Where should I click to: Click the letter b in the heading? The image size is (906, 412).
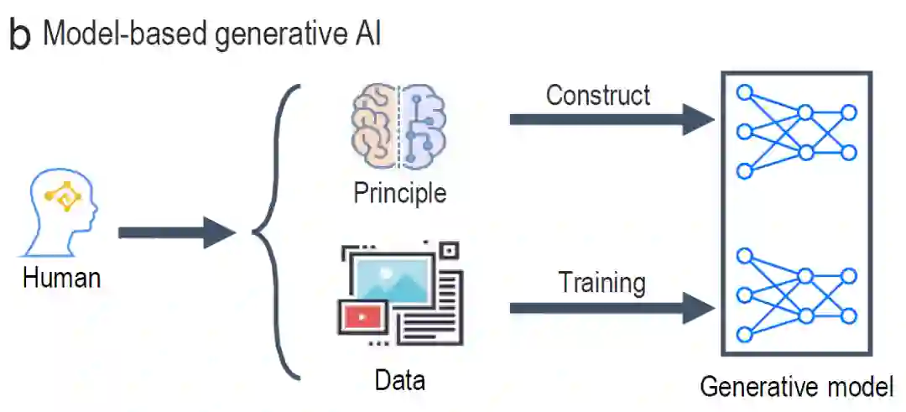(19, 35)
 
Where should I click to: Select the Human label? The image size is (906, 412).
(61, 278)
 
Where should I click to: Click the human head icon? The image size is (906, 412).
(61, 213)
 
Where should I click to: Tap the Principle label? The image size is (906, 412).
(399, 193)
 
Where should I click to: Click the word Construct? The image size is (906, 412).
(597, 95)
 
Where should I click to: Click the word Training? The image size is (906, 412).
(602, 283)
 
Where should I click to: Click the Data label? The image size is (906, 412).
(399, 380)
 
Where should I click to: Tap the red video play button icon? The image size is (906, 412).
(359, 317)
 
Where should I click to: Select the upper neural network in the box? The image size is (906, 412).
(795, 131)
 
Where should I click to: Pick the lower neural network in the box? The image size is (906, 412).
(795, 295)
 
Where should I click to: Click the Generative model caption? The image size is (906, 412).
(796, 387)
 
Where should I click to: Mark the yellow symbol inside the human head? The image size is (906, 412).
(64, 198)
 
